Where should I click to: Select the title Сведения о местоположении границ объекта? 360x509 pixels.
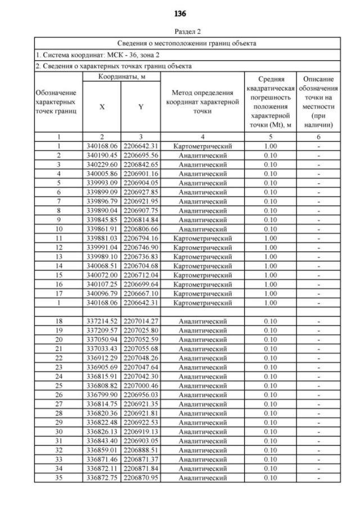click(x=187, y=43)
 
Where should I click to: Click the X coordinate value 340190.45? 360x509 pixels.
click(x=102, y=155)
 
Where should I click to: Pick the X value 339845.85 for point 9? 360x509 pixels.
click(x=102, y=220)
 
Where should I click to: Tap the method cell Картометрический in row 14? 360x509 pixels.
click(x=202, y=266)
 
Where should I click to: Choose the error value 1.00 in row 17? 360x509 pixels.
click(x=271, y=294)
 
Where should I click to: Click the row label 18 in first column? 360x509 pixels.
click(x=58, y=321)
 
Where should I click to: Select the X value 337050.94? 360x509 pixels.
click(x=102, y=340)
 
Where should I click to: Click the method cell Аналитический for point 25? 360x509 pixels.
click(x=202, y=386)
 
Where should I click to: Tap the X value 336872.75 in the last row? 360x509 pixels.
click(x=102, y=478)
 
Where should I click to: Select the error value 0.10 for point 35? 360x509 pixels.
click(x=271, y=478)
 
